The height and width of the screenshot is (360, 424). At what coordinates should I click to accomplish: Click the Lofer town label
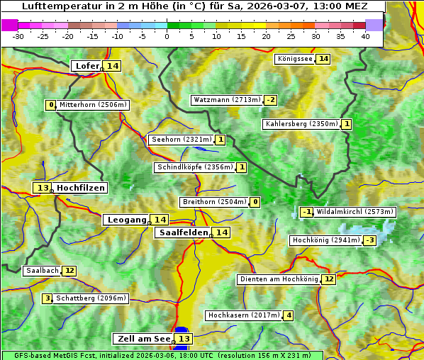coord(87,66)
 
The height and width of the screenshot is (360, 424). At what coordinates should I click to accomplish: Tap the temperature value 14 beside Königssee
coord(323,59)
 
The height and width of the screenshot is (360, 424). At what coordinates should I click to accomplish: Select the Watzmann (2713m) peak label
coord(227,100)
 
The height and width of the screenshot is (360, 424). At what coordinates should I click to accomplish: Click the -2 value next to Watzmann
coord(270,100)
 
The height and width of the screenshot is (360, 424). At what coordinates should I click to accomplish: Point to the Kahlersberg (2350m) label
coord(301,124)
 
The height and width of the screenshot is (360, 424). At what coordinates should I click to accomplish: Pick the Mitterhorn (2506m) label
coord(93,105)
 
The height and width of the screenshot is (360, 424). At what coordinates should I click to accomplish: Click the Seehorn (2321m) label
coord(182,140)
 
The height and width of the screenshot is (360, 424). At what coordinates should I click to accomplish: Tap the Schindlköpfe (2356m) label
coord(194,167)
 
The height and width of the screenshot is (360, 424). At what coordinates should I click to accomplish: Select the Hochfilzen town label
coord(81,188)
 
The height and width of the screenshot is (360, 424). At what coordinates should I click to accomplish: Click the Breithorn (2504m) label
coord(214,202)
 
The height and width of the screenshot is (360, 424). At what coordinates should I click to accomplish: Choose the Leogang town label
coord(127,220)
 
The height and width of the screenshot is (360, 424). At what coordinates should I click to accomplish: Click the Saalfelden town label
coord(183,232)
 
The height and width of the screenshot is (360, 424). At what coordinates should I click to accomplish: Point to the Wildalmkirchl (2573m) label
coord(355,211)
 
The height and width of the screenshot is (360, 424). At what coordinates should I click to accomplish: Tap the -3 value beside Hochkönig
coord(369,240)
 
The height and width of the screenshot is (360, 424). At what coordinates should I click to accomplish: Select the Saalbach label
coord(41,271)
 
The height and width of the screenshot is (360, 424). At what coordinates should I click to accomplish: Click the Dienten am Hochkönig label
coord(278,279)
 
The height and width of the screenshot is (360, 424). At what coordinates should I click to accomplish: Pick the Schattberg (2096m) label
coord(91,298)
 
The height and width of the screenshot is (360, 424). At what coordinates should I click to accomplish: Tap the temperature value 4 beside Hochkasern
coord(288,315)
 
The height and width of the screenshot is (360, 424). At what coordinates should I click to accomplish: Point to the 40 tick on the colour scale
coord(365,36)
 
